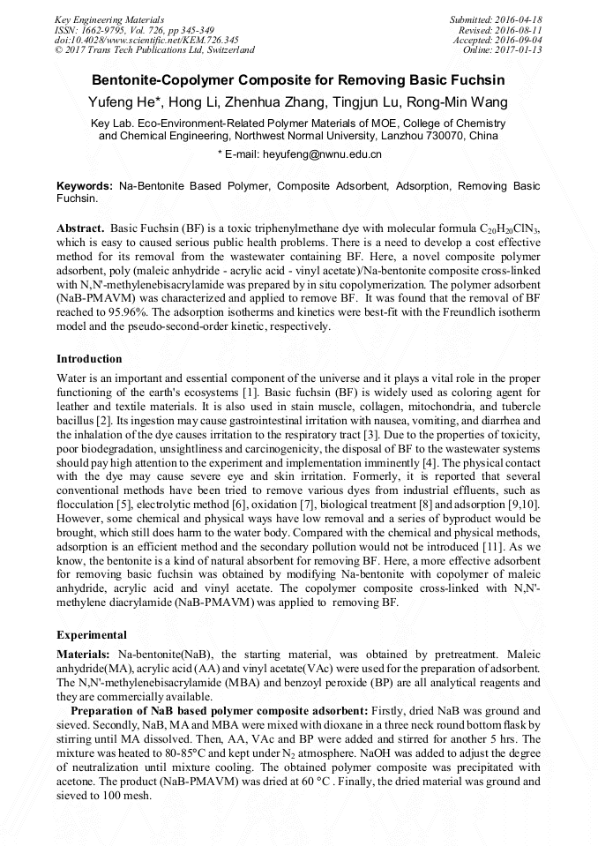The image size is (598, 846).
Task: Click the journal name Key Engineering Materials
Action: [x=109, y=19]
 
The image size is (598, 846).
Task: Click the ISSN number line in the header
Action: [x=134, y=30]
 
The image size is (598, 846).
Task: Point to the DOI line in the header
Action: [x=146, y=40]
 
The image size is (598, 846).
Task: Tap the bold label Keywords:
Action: [x=85, y=186]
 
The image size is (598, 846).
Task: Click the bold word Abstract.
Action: [x=80, y=228]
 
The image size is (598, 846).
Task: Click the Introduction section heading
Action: [x=89, y=359]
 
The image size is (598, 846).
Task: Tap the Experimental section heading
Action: [x=92, y=634]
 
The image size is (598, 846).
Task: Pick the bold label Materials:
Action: [x=84, y=655]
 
